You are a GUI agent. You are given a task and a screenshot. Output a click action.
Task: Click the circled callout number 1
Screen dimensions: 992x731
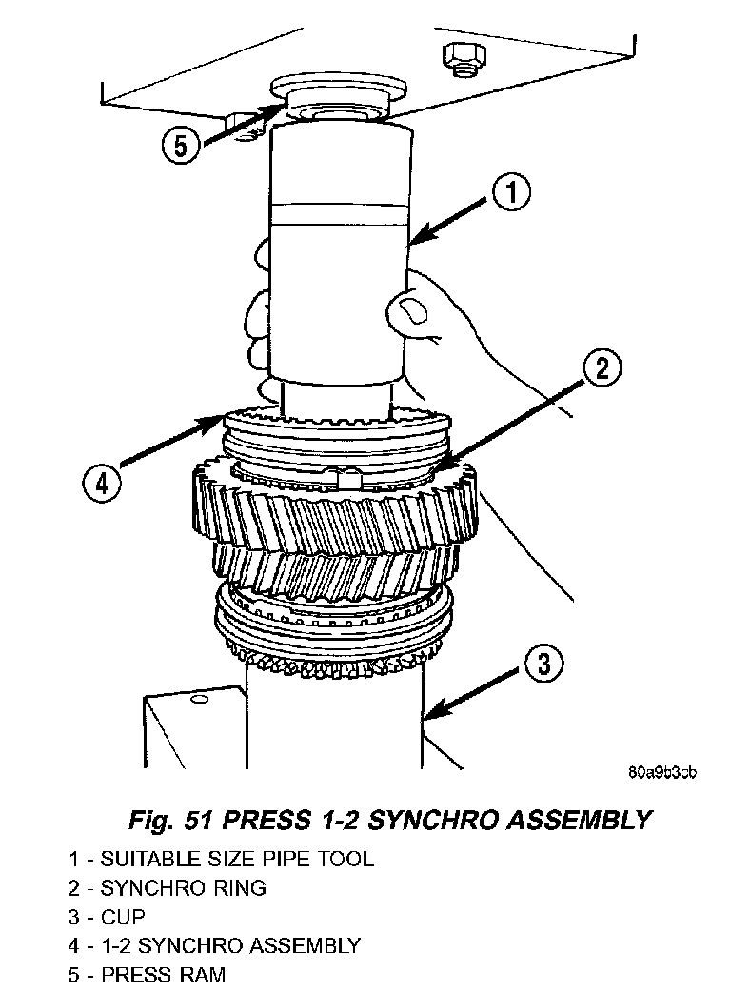click(x=510, y=197)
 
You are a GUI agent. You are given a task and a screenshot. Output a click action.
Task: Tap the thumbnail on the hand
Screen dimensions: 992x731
click(x=412, y=308)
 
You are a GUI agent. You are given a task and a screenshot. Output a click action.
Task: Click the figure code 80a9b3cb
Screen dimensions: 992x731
click(x=662, y=772)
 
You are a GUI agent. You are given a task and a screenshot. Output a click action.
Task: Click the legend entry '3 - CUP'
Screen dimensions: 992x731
click(x=107, y=918)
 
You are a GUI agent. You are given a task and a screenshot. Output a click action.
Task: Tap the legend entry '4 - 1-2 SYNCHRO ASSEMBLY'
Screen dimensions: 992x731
click(x=214, y=946)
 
